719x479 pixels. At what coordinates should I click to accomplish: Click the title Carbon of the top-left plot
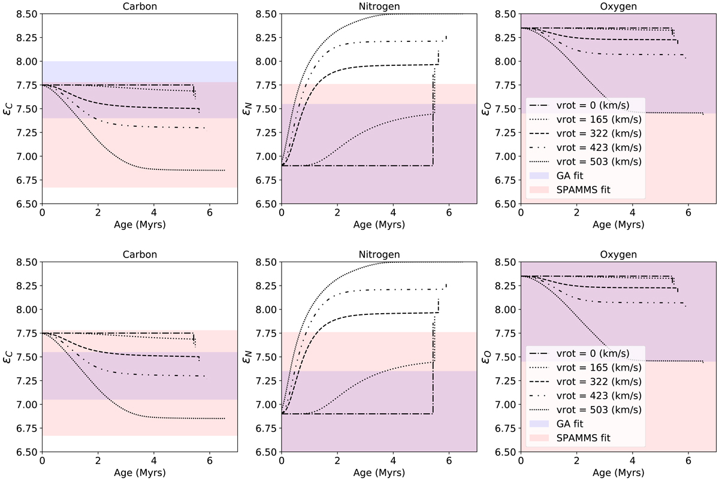pyautogui.click(x=140, y=6)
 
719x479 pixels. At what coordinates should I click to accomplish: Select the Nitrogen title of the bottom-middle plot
pyautogui.click(x=379, y=254)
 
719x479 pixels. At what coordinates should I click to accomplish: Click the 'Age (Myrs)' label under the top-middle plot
pyautogui.click(x=379, y=226)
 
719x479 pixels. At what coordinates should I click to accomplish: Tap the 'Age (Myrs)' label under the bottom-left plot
pyautogui.click(x=140, y=474)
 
